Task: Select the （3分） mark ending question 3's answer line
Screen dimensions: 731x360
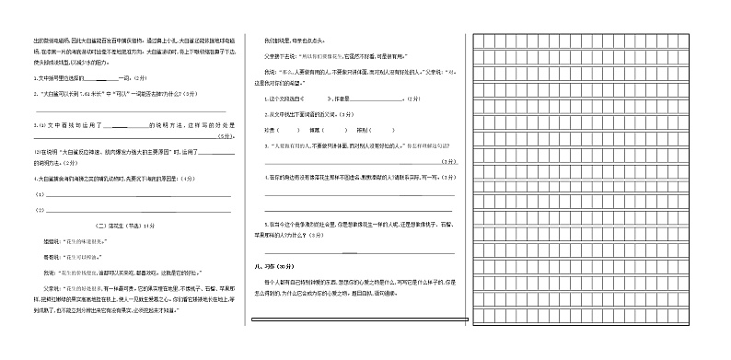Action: (x=447, y=161)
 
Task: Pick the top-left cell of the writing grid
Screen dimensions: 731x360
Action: (x=480, y=40)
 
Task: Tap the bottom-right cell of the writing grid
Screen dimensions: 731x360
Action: (x=715, y=319)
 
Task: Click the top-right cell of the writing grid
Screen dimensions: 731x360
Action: (x=715, y=40)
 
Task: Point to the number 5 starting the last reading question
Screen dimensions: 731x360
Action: (x=266, y=224)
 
